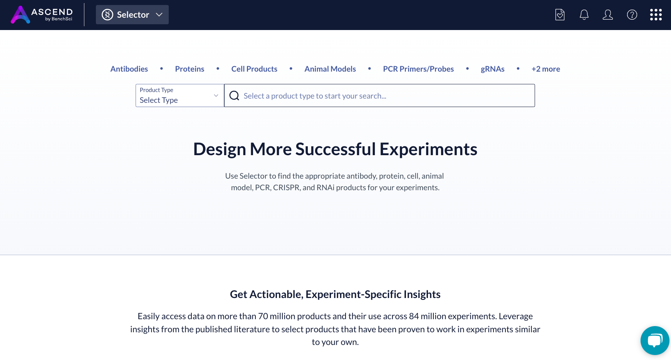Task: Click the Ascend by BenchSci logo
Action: click(42, 15)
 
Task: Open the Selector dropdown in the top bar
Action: click(132, 15)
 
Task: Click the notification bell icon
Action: click(584, 15)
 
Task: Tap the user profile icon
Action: click(608, 15)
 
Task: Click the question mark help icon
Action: click(632, 15)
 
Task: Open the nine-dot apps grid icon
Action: click(656, 15)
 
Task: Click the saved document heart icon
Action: click(560, 15)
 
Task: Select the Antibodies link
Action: click(129, 69)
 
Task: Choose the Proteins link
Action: click(190, 69)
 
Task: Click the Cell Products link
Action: click(254, 69)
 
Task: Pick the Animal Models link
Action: click(330, 69)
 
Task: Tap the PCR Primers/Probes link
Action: click(418, 69)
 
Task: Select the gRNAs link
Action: click(493, 69)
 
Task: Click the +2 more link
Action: click(546, 69)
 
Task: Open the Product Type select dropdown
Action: click(180, 95)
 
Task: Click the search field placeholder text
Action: click(315, 96)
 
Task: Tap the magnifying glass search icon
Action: click(234, 95)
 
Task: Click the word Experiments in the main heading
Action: click(428, 149)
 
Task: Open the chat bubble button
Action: click(655, 340)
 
